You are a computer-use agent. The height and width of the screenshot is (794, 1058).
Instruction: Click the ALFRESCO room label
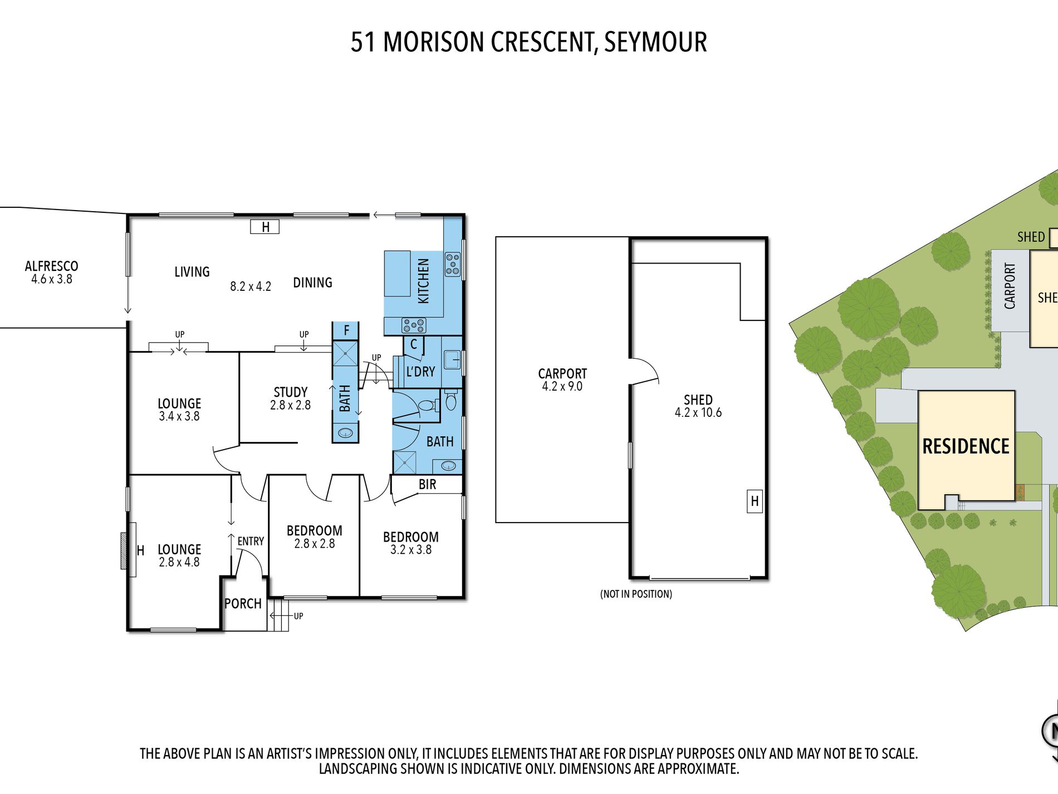coord(51,266)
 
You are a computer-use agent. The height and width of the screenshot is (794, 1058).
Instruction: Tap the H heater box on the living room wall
coord(265,227)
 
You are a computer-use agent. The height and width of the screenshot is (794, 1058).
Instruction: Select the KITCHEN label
coord(424,281)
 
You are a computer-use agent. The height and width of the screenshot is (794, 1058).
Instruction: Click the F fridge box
coord(346,330)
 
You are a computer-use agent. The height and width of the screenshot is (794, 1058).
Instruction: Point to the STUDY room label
coord(290,392)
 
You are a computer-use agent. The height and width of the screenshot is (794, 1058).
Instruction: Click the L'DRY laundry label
coord(420,372)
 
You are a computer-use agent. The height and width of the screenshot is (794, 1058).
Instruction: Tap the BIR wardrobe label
coord(427,484)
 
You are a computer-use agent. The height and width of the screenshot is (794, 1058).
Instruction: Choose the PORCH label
coord(243,603)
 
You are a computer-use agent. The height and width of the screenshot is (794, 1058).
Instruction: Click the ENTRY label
coord(251,541)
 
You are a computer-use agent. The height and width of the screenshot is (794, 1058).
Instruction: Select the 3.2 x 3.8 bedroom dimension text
coord(411,550)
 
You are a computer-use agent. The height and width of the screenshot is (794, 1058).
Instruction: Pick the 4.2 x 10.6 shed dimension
coord(698,412)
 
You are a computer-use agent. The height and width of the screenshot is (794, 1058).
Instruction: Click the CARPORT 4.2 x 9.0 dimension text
coord(562,386)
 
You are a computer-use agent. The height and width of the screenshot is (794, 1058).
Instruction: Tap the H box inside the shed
coord(755,501)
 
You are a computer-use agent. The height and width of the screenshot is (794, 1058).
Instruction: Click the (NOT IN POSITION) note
coord(636,594)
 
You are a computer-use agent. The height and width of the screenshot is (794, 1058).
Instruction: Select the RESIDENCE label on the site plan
coord(966,446)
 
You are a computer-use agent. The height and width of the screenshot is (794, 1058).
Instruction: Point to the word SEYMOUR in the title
coord(655,42)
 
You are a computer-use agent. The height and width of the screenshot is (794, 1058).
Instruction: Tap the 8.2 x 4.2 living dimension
coord(251,286)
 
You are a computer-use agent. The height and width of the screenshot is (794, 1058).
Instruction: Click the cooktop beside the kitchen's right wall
coord(453,264)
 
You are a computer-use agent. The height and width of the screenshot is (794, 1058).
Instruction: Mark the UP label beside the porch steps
coord(298,616)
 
